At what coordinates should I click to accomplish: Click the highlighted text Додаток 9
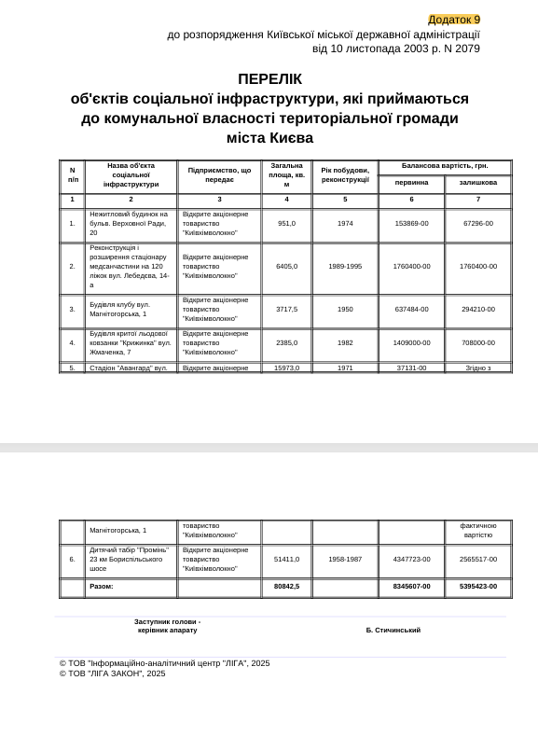pos(453,20)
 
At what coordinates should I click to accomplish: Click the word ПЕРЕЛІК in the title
pos(269,79)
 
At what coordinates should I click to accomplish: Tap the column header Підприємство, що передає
pos(219,175)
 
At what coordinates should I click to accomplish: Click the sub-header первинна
pos(411,183)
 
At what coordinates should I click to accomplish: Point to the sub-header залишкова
pos(478,183)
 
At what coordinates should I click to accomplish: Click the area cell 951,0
pos(286,224)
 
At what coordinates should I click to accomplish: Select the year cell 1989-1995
pos(345,266)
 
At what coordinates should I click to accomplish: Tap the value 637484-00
pos(411,309)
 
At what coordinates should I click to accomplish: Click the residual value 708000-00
pos(478,342)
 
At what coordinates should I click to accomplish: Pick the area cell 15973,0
pos(286,368)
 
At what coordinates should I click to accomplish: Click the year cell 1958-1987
pos(345,559)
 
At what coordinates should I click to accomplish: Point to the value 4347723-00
pos(411,559)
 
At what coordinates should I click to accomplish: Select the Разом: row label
pos(102,587)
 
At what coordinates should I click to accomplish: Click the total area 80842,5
pos(286,587)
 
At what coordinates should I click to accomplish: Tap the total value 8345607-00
pos(411,587)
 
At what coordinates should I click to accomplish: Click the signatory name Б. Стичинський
pos(393,631)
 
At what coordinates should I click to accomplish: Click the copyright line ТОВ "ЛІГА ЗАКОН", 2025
pos(113,674)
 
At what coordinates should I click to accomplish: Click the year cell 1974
pos(345,224)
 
